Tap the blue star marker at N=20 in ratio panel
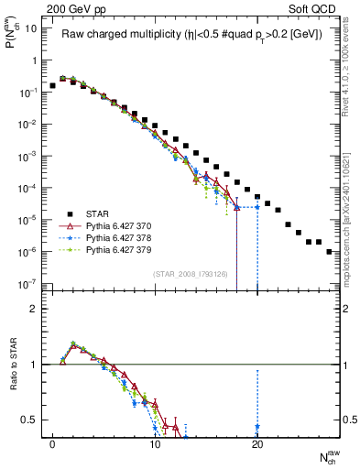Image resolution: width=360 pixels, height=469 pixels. [x=257, y=427]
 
